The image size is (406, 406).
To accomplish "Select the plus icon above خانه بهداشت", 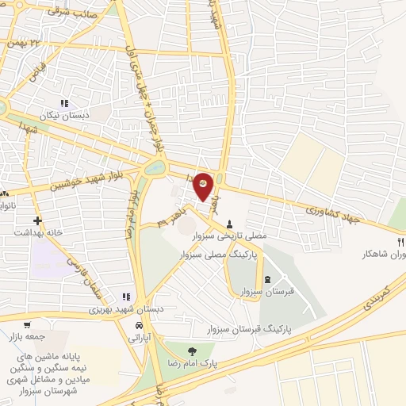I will pyautogui.click(x=36, y=220).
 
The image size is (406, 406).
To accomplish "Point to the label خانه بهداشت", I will pyautogui.click(x=36, y=233).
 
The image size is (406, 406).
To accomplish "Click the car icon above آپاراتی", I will pyautogui.click(x=139, y=326).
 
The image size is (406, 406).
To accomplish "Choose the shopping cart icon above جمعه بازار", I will pyautogui.click(x=27, y=324).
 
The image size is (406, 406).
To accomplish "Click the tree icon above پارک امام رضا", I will pyautogui.click(x=190, y=350).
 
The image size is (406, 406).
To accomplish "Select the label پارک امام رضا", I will pyautogui.click(x=191, y=363).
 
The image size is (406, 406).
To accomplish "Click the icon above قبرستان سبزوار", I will pyautogui.click(x=266, y=278).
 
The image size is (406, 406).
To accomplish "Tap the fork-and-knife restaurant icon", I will pyautogui.click(x=400, y=241).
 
